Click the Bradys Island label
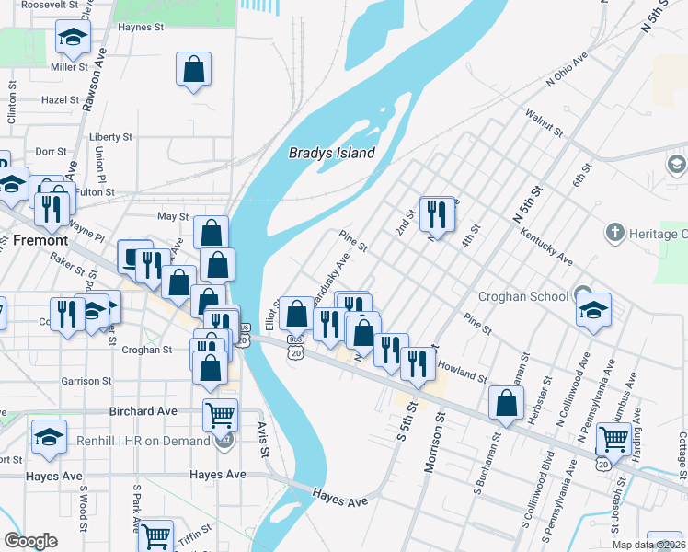click(x=332, y=153)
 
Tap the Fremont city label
click(x=40, y=240)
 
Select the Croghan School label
click(x=523, y=297)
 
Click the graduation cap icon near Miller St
click(x=72, y=38)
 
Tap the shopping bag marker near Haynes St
click(x=194, y=69)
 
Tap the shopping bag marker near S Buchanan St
click(x=506, y=403)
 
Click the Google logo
click(x=29, y=541)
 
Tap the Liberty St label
click(x=110, y=137)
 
